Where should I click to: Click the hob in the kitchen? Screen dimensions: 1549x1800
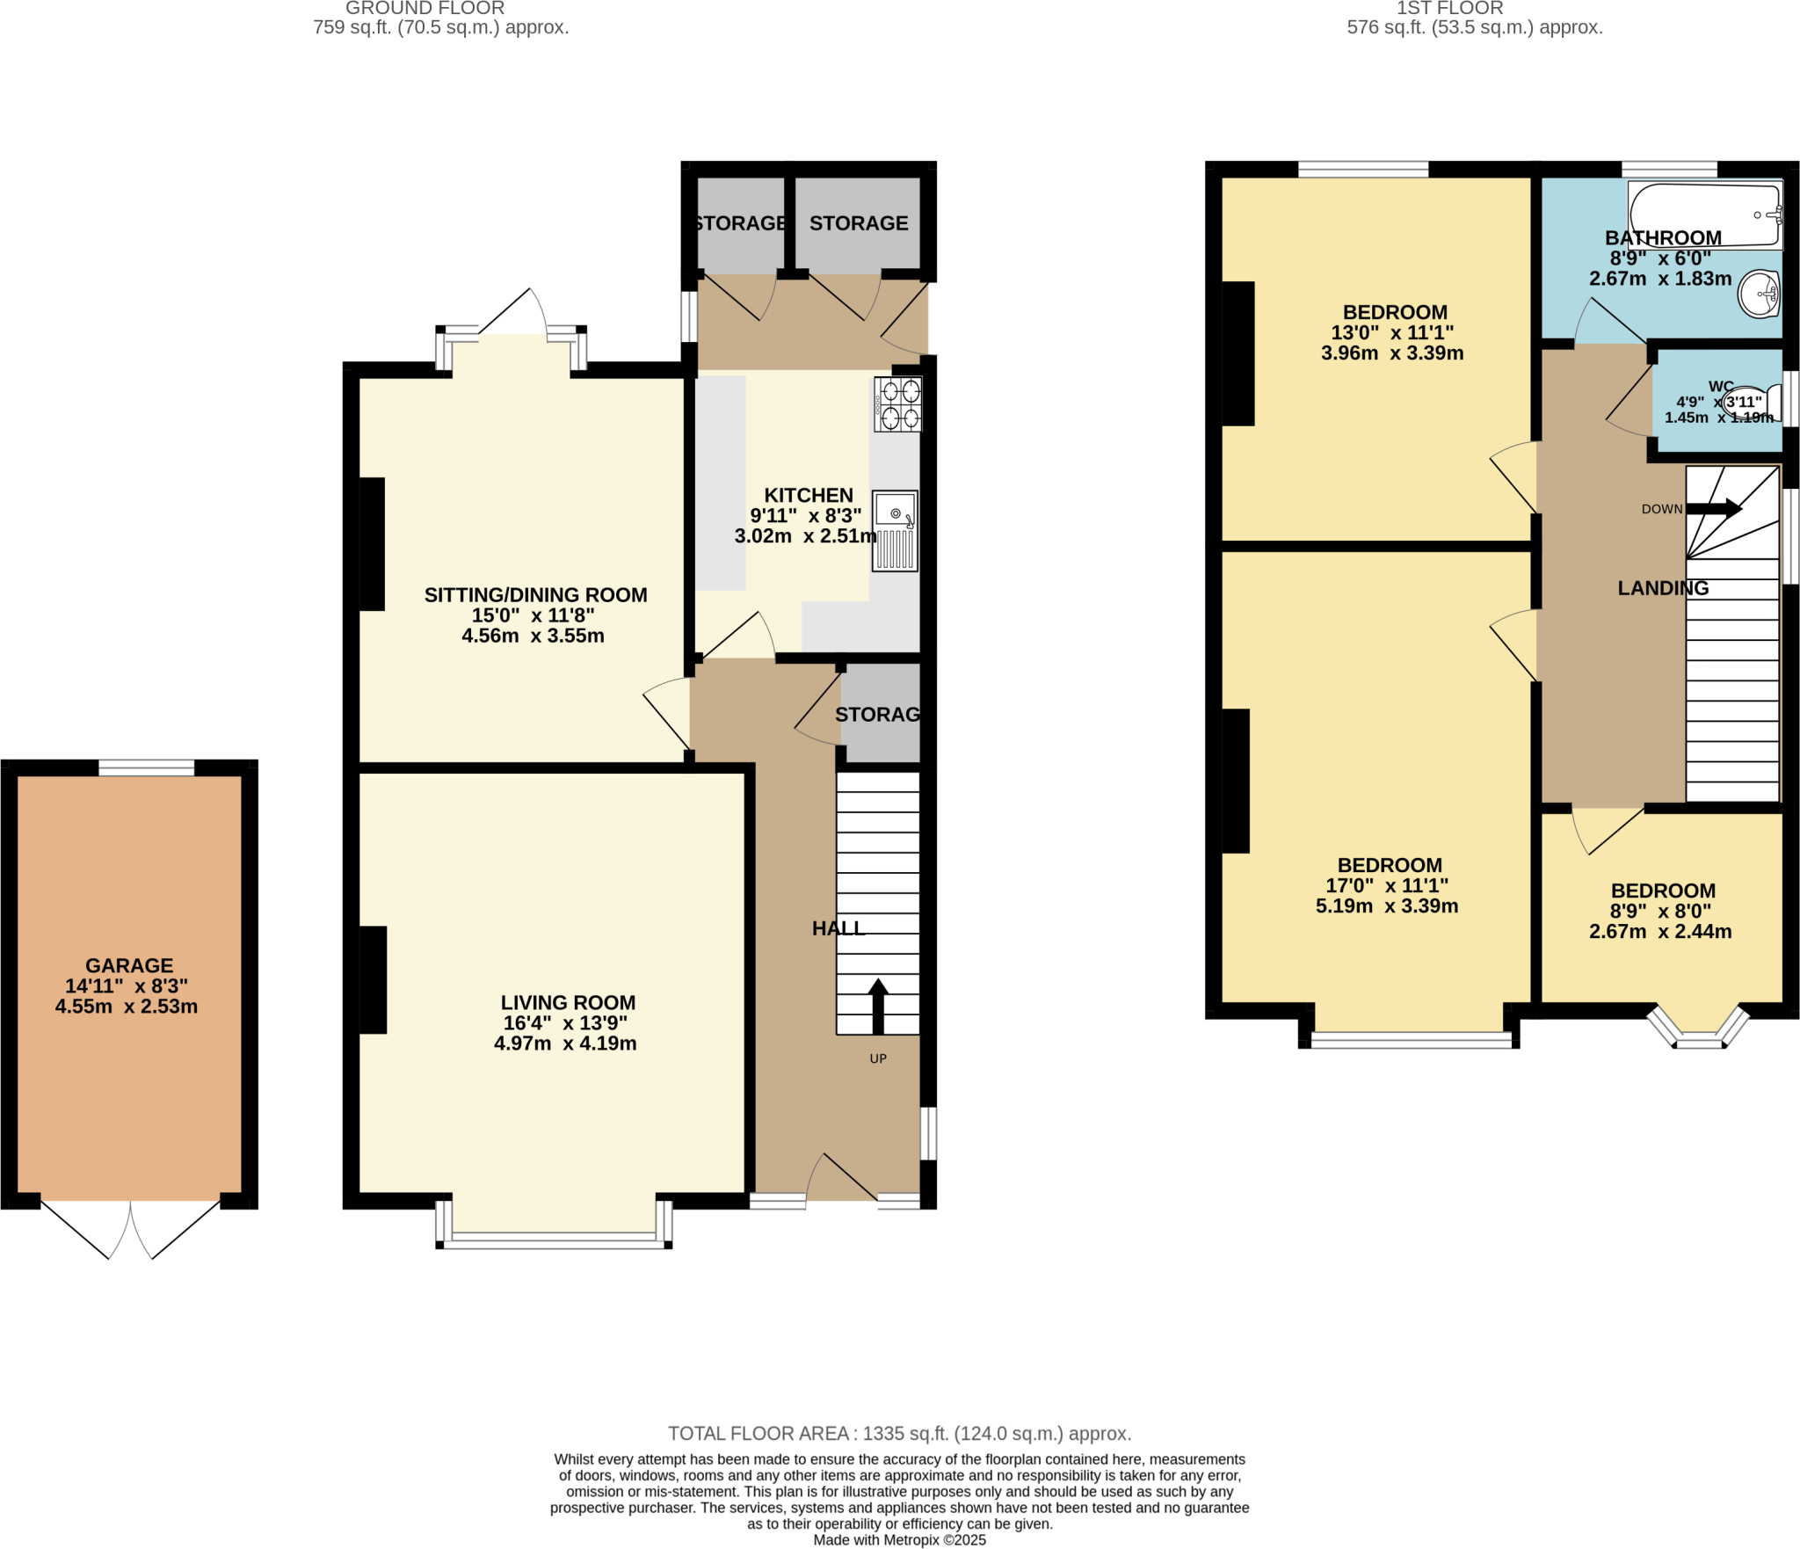[x=897, y=404]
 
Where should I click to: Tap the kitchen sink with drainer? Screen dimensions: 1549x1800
[x=895, y=531]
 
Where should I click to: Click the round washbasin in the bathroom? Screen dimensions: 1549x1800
[x=1759, y=293]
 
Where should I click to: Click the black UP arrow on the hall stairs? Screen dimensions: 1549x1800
[x=878, y=1006]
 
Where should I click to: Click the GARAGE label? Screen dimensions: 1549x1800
[x=129, y=965]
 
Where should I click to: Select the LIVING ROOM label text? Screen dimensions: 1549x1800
[x=568, y=1002]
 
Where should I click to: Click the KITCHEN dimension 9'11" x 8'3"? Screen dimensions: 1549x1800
[x=805, y=516]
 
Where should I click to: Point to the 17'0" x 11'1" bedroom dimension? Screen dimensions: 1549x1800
[x=1387, y=885]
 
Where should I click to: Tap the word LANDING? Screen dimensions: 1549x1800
[x=1663, y=588]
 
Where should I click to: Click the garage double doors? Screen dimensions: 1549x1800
[x=130, y=1229]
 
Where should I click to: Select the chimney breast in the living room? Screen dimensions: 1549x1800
[x=373, y=979]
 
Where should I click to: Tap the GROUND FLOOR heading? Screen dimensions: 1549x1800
[x=425, y=9]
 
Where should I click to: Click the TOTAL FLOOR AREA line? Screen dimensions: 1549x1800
[x=899, y=1434]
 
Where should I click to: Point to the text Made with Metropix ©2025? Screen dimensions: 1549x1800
[x=899, y=1540]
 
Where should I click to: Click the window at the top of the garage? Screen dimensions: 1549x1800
[x=146, y=767]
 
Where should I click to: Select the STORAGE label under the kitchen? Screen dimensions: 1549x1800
[x=877, y=715]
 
